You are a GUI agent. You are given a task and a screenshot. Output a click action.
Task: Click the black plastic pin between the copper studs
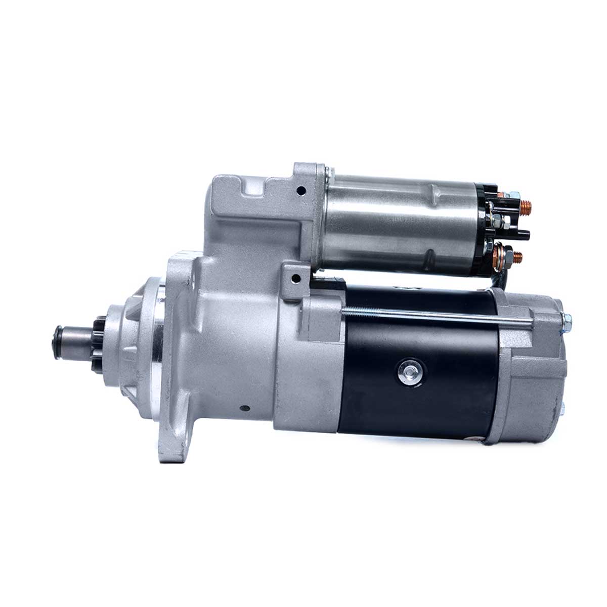point(521,234)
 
